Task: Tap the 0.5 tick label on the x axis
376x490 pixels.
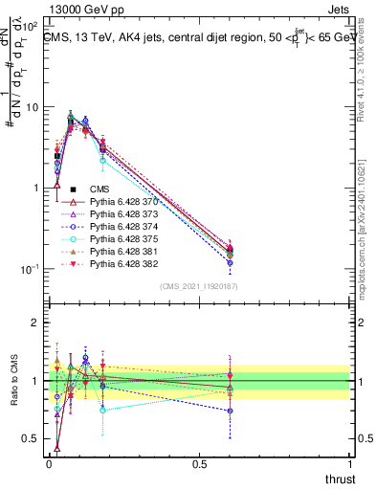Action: [199, 463]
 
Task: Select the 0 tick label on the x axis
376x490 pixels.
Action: [49, 463]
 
